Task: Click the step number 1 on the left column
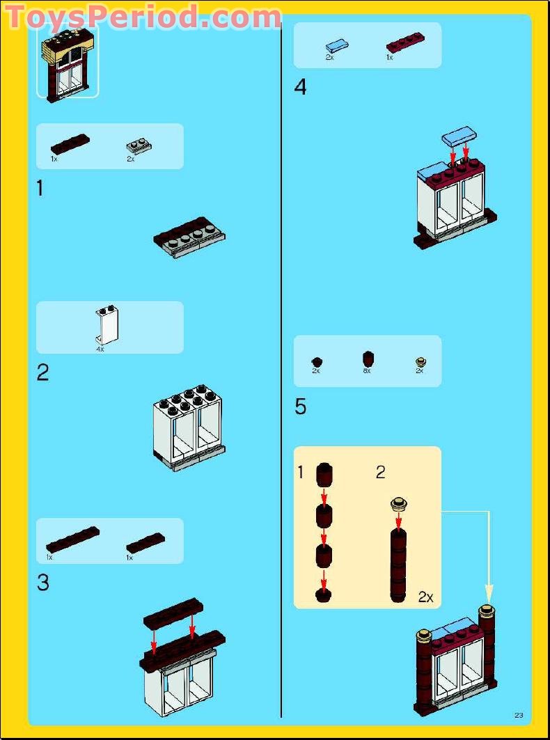click(40, 189)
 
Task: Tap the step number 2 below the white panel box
click(42, 374)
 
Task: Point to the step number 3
click(42, 583)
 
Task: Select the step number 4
click(300, 87)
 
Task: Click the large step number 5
click(300, 407)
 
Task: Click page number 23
click(519, 716)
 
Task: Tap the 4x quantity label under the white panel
click(100, 349)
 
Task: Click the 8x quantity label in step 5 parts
click(367, 371)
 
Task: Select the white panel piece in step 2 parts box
click(107, 325)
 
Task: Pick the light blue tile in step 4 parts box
click(337, 46)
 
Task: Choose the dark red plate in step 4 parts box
click(405, 42)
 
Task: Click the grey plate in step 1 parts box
click(139, 148)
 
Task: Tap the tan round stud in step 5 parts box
click(421, 363)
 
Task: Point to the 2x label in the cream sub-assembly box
click(425, 597)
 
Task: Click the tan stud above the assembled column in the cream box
click(399, 503)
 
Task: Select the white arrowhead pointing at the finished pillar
click(489, 592)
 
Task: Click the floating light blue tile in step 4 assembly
click(459, 135)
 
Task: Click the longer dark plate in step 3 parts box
click(72, 540)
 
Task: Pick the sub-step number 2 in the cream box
click(381, 473)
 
